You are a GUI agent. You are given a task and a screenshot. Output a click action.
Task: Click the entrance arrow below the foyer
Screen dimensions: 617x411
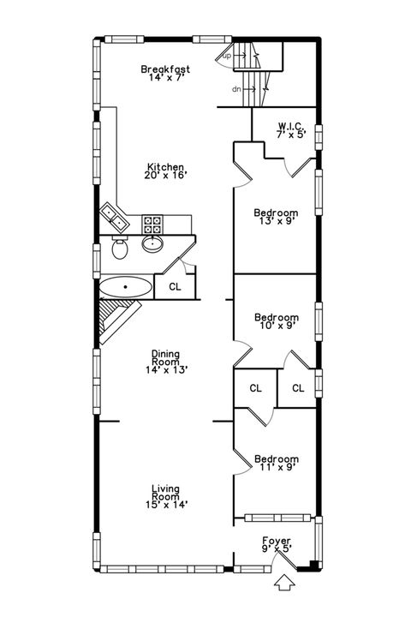(284, 583)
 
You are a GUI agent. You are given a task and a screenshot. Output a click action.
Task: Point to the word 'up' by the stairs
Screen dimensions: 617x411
(227, 56)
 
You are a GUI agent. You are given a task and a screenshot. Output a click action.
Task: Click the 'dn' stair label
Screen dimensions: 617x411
(235, 88)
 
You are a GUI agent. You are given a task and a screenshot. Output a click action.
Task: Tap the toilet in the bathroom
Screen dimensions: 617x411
(119, 250)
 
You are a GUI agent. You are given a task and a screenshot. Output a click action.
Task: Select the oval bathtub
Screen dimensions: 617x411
(127, 286)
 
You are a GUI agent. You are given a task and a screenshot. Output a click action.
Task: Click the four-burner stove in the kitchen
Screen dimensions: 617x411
(152, 225)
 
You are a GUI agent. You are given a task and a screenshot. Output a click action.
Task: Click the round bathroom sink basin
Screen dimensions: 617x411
(153, 245)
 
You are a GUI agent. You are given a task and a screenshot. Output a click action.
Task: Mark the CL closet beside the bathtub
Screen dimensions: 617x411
(175, 287)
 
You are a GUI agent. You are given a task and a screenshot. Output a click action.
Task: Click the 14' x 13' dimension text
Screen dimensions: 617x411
(165, 370)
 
